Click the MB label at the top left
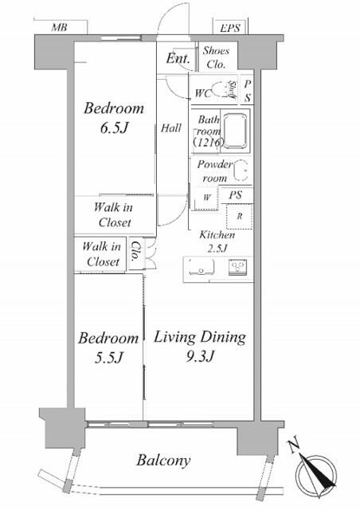click(x=59, y=27)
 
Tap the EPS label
click(x=230, y=28)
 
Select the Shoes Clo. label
click(x=216, y=57)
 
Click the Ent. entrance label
click(x=178, y=58)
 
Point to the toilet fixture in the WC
click(x=221, y=90)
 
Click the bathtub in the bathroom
click(x=236, y=131)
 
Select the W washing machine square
click(x=206, y=198)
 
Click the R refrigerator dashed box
click(x=240, y=216)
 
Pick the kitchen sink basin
click(x=202, y=268)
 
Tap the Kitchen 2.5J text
click(x=217, y=241)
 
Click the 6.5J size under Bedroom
click(x=114, y=128)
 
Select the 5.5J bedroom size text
click(x=108, y=358)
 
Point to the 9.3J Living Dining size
click(x=201, y=357)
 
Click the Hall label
click(x=171, y=128)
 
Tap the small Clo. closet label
click(x=135, y=251)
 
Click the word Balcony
click(x=163, y=461)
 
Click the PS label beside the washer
click(x=236, y=195)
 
